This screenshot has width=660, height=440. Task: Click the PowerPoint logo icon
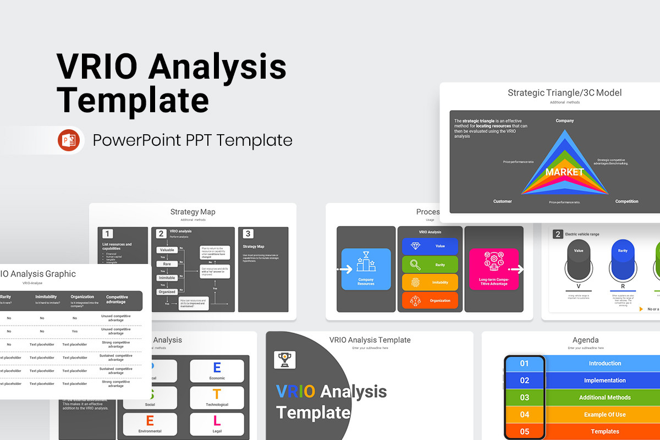pos(69,140)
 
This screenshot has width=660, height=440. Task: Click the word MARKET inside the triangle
pos(564,172)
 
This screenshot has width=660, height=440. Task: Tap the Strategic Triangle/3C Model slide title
pos(564,93)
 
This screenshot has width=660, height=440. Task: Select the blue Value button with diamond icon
pos(430,246)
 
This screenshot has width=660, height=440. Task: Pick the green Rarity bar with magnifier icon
pos(430,265)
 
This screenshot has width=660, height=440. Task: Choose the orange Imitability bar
pos(430,283)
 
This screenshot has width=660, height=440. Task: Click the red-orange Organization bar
pos(430,300)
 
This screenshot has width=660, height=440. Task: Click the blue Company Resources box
pos(366,269)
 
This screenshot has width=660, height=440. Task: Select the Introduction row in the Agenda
pos(604,364)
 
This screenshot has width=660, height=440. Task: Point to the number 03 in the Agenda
pos(524,398)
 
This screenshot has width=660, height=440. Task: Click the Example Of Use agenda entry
pos(604,415)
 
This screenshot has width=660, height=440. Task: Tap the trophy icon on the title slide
pos(284,359)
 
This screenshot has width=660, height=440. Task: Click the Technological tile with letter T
pos(217,398)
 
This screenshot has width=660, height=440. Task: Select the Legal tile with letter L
pos(217,424)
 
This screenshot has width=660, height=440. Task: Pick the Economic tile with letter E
pos(217,371)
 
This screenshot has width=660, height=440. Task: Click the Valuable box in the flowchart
pos(167,250)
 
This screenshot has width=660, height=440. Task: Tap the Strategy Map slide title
pos(193,212)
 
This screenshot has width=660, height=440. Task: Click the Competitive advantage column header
pos(116,299)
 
